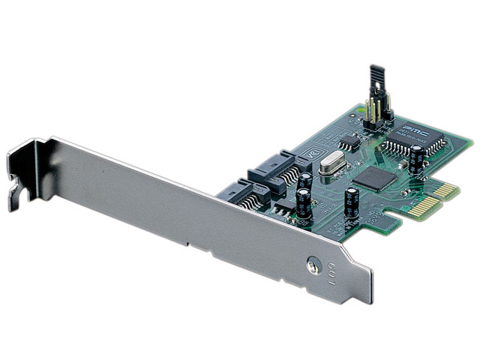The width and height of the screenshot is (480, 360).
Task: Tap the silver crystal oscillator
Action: coord(330,167)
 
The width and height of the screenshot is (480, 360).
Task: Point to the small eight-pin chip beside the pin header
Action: coord(348,142)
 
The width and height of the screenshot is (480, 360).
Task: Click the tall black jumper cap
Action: coord(375,82)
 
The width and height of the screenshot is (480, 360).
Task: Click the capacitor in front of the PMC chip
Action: coord(415,160)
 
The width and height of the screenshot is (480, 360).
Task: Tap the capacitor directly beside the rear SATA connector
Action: coord(305,182)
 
